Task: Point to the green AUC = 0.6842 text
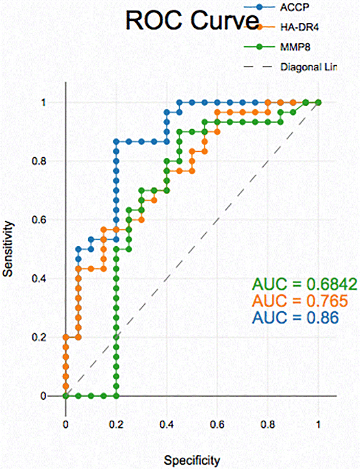[x=304, y=284]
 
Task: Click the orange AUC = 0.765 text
[x=300, y=301]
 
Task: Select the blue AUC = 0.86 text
[x=295, y=317]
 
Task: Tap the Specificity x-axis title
[x=192, y=460]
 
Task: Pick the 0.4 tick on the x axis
[x=167, y=423]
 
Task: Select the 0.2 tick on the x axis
[x=116, y=423]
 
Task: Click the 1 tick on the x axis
[x=319, y=423]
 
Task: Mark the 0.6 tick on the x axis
[x=217, y=423]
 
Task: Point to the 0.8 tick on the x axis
[x=268, y=423]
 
